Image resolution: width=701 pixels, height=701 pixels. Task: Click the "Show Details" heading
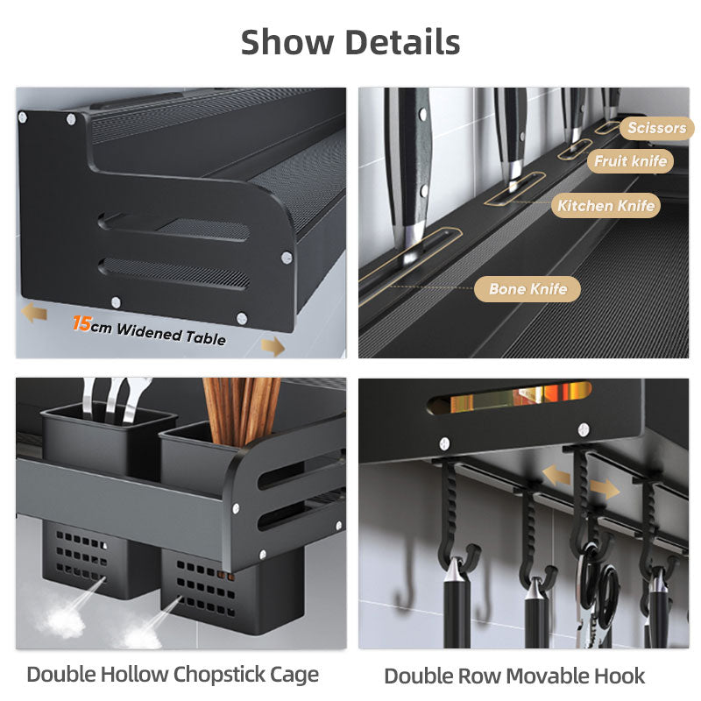350,42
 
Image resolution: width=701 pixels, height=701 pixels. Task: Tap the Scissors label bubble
656,128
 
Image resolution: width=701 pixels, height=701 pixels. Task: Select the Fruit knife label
630,161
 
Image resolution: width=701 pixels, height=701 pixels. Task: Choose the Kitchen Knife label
605,206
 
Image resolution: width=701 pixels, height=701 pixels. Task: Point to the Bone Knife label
528,289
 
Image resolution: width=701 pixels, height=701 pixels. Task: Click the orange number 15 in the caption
81,322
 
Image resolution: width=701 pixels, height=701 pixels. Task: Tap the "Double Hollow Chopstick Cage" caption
173,675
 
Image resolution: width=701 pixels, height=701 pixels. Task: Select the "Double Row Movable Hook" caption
514,676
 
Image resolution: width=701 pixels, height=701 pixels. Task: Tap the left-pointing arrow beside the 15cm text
34,312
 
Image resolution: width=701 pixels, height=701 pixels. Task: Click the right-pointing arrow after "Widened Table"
273,346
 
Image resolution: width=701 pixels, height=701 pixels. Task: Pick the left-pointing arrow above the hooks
556,475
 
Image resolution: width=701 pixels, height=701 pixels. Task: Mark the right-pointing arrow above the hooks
605,489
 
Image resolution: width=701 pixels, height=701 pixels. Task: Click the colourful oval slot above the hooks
510,397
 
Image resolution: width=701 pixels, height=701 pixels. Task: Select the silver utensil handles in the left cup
116,400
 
